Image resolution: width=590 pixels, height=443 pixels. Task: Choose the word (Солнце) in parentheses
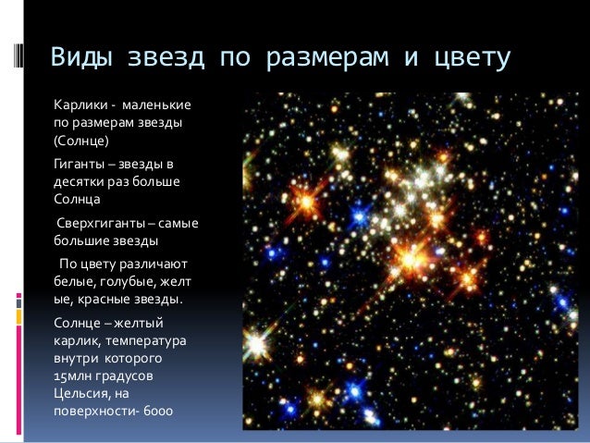pos(81,142)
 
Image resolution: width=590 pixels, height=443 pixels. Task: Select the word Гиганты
pos(77,163)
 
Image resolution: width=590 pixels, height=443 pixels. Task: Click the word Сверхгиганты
pos(100,223)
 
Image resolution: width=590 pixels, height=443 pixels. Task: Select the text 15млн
pos(70,376)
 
